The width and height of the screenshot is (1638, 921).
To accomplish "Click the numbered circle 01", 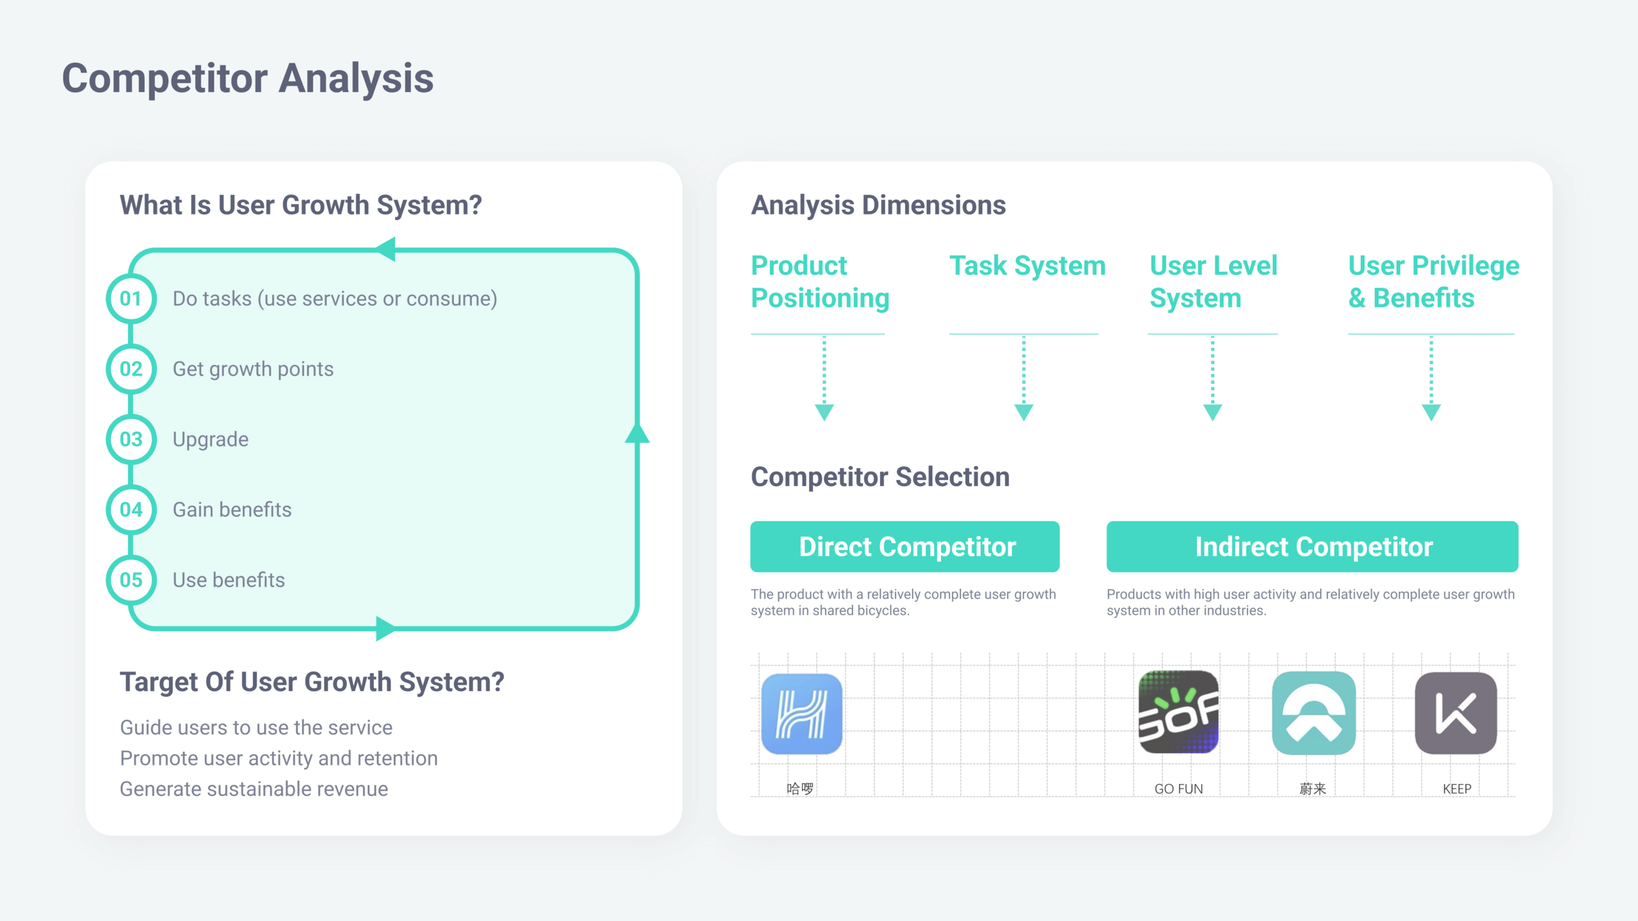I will [x=131, y=299].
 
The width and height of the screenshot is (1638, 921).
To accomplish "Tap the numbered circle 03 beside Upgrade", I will [x=131, y=439].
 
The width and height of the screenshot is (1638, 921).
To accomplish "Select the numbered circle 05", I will [x=131, y=580].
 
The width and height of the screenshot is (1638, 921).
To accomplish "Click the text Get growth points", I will [x=253, y=369].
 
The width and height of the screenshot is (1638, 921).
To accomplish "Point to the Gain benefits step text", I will [x=232, y=510].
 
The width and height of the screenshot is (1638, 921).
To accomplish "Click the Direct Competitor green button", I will [x=904, y=546].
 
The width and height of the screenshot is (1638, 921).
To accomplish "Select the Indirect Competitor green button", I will [x=1312, y=546].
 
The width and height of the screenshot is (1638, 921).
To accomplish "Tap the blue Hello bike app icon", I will [x=801, y=713].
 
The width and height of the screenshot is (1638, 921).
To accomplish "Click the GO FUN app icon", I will [x=1178, y=712].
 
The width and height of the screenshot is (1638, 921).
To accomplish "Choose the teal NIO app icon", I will [x=1313, y=713].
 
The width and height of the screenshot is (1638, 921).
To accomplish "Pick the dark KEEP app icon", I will [x=1455, y=713].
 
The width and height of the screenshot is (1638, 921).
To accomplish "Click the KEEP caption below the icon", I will [x=1457, y=789].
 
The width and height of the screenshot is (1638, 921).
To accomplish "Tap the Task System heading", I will [x=1027, y=266].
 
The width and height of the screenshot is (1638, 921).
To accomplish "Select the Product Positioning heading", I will [x=820, y=282].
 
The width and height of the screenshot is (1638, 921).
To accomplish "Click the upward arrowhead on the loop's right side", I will [x=637, y=434].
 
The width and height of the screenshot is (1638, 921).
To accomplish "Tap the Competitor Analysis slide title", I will [x=248, y=79].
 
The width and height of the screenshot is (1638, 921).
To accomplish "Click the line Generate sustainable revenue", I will [x=254, y=789].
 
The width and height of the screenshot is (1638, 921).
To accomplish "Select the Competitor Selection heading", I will [x=880, y=477].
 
